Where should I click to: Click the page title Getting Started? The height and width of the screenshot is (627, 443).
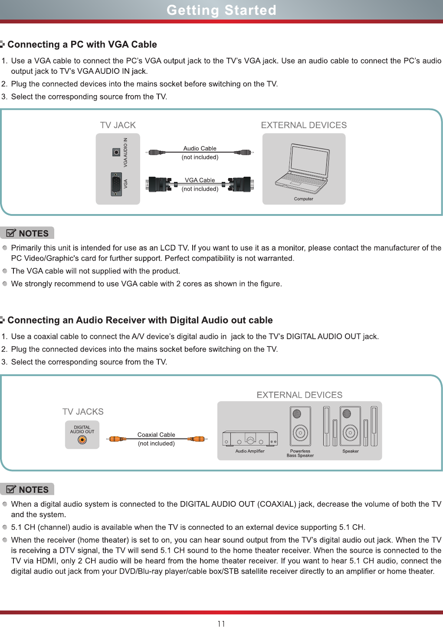(221, 10)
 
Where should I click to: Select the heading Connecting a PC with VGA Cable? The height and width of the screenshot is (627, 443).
(82, 44)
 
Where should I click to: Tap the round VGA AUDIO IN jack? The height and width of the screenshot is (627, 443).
(116, 152)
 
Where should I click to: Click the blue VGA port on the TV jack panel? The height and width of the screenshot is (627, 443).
(116, 184)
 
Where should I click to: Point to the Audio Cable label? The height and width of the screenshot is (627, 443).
(200, 148)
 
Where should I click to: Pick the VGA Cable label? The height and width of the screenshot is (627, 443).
(200, 180)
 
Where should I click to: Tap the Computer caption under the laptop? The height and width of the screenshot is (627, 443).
(303, 199)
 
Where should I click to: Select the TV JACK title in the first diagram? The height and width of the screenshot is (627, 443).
(118, 125)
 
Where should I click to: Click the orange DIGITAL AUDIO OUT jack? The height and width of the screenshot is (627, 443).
(82, 440)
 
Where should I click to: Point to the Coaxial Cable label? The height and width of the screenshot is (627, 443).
(156, 435)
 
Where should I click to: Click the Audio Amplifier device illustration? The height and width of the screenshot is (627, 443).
(250, 439)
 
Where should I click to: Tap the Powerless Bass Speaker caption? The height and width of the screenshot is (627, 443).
(300, 453)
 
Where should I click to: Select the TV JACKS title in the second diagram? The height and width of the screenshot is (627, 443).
(83, 412)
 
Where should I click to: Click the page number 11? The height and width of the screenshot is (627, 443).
(221, 624)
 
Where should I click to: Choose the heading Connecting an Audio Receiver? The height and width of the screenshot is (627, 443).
(140, 320)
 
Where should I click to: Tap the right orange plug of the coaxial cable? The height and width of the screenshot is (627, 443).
(197, 439)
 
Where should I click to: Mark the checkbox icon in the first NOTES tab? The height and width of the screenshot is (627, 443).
(11, 233)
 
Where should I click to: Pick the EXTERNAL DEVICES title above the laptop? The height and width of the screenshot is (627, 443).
(304, 125)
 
